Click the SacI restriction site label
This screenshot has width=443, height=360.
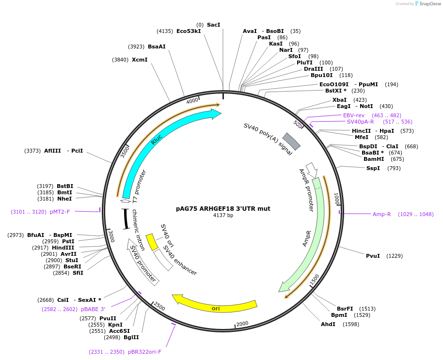pos(213,25)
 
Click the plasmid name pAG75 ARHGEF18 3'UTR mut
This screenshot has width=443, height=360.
pos(223,209)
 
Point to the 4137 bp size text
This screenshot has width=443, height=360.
pos(223,216)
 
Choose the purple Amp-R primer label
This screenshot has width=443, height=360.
pos(381,214)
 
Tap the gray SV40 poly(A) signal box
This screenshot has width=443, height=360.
pos(291,141)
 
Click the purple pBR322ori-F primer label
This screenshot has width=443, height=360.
pos(144,352)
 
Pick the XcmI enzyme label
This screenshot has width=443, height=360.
pos(140,60)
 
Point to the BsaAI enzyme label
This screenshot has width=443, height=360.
pos(157,47)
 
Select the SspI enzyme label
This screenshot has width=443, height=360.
pos(373,168)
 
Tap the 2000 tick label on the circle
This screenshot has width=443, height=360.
pos(242,324)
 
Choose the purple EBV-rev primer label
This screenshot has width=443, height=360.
pos(354,115)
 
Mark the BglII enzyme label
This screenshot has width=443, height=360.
pos(131,337)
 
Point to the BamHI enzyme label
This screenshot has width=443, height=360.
pos(373,159)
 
